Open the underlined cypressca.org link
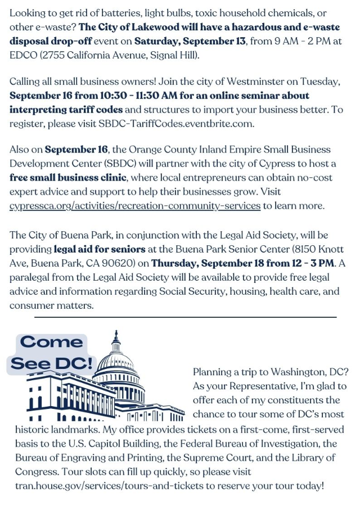[x=135, y=206]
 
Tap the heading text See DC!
[x=51, y=363]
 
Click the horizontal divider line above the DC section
[x=185, y=317]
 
